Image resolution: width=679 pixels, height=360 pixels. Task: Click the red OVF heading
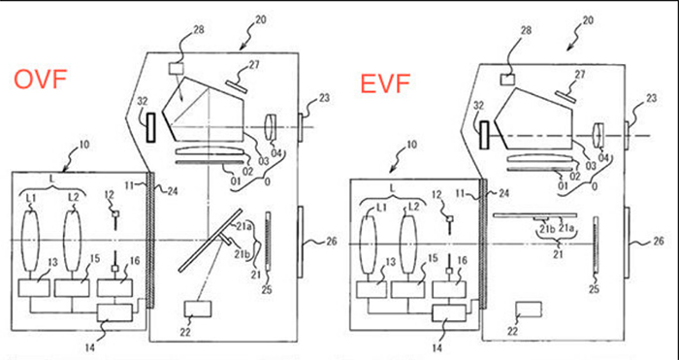click(41, 79)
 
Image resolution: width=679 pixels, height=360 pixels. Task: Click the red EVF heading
click(385, 83)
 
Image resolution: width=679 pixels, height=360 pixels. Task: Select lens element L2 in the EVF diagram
click(408, 245)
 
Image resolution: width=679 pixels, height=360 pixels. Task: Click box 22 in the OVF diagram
click(198, 309)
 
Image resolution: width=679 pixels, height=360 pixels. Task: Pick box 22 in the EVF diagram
click(529, 311)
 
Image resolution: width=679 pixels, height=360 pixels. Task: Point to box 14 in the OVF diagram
click(114, 312)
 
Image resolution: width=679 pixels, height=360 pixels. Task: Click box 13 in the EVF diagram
click(372, 289)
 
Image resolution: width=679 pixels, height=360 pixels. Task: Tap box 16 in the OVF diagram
click(114, 288)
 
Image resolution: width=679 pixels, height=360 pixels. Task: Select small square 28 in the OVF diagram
click(177, 68)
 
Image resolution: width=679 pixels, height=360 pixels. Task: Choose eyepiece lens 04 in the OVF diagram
click(272, 127)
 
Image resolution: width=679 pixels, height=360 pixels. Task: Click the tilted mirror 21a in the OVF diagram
click(210, 241)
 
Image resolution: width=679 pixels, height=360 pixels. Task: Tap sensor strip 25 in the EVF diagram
click(597, 245)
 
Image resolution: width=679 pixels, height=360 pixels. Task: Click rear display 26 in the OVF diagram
click(300, 242)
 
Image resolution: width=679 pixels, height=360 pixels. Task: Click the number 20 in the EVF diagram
click(588, 20)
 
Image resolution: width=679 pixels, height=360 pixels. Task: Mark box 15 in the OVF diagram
click(72, 288)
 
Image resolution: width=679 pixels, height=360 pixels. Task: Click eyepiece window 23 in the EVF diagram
click(627, 134)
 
